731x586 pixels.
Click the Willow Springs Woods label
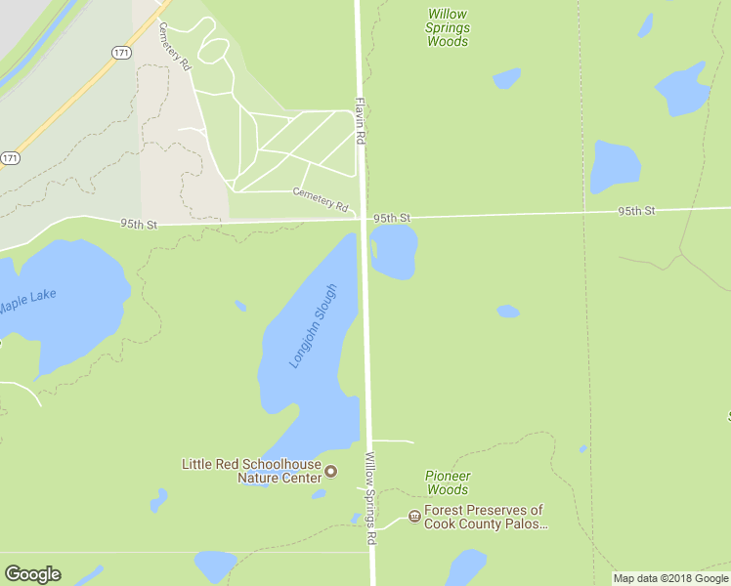pos(447,27)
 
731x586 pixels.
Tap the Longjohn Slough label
pos(313,325)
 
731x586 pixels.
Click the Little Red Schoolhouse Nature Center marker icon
pos(330,472)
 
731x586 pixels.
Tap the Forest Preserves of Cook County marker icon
pos(414,516)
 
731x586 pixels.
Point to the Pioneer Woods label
pos(448,482)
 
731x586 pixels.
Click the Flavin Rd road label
pos(360,121)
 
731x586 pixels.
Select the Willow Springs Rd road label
pos(370,498)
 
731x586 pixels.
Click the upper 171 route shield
pos(119,53)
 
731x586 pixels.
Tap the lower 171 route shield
pos(10,157)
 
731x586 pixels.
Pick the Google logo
pos(32,574)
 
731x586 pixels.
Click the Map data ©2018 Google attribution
pos(669,578)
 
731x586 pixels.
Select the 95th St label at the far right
pos(635,210)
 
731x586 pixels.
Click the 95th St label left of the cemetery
pos(139,224)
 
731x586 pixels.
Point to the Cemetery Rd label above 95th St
pos(321,199)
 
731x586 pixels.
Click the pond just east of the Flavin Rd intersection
pos(394,251)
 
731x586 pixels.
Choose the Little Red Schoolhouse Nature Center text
pos(251,471)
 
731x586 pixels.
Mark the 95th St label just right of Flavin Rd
pos(390,217)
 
